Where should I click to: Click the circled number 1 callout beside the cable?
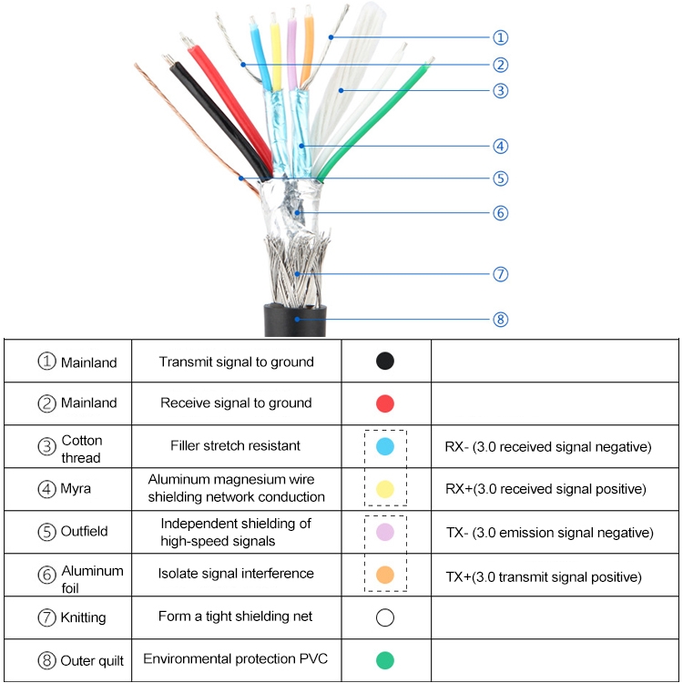point(500,37)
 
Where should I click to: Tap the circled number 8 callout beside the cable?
point(500,319)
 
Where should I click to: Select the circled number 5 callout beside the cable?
point(500,178)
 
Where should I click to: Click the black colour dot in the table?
point(385,361)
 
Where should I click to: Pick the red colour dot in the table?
point(385,403)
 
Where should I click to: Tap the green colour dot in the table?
point(385,659)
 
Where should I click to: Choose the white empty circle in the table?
point(385,617)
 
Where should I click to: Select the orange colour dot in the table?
point(385,576)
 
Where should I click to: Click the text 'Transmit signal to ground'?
point(236,362)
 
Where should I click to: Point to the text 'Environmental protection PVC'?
point(236,658)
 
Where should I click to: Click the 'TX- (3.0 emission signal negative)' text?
point(547,533)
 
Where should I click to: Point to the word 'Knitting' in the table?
point(83,617)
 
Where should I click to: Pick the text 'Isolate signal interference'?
point(236,574)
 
